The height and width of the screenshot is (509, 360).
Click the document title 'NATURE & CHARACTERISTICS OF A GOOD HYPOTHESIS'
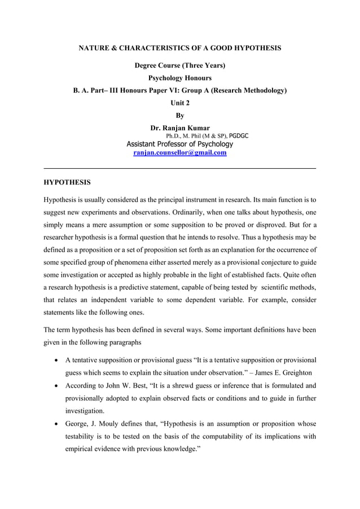[x=179, y=49]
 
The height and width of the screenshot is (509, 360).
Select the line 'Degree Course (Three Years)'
[x=179, y=65]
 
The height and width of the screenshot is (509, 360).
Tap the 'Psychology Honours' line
[x=179, y=78]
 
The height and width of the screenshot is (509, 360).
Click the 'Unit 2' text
[x=179, y=103]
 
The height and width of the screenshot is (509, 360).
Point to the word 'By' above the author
[x=179, y=115]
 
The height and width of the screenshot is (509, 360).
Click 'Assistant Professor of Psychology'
[x=179, y=144]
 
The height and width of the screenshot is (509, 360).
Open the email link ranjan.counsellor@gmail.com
[x=179, y=153]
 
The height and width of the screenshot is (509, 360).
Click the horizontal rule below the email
[x=179, y=169]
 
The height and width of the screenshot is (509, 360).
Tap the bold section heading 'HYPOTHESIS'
[x=67, y=183]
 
